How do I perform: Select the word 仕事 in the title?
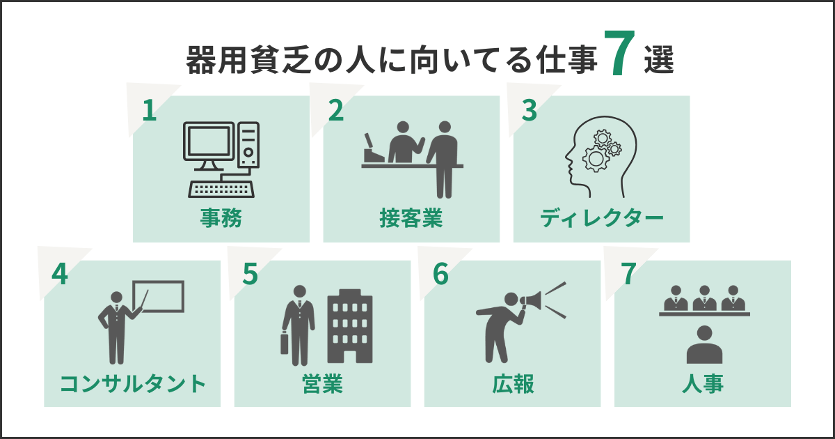[x=568, y=61]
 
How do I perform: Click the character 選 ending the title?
[x=658, y=61]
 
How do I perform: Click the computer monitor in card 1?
[x=208, y=145]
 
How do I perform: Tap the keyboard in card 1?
[x=221, y=189]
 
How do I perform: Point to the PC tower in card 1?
[x=248, y=145]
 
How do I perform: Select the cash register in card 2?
[x=372, y=149]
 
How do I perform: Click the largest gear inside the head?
[x=595, y=160]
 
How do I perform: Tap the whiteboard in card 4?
[x=159, y=296]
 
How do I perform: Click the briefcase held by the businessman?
[x=284, y=344]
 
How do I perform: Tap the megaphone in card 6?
[x=530, y=300]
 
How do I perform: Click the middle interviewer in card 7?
[x=704, y=298]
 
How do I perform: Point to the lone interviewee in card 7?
[x=704, y=345]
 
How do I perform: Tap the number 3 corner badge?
[x=528, y=109]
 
